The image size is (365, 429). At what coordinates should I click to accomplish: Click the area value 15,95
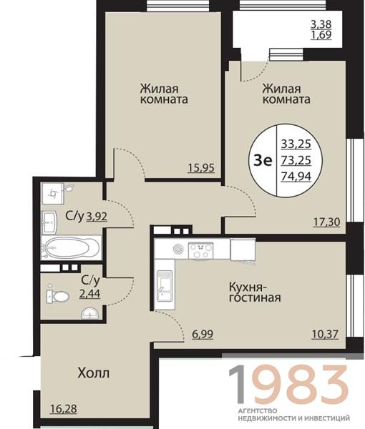201,167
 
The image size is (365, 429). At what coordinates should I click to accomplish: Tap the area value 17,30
326,222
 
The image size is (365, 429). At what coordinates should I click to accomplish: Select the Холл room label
93,373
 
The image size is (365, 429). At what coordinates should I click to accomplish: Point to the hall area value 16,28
64,409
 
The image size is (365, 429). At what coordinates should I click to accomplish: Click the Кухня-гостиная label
255,292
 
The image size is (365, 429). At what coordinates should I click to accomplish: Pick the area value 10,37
325,334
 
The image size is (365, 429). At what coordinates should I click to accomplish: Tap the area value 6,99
203,334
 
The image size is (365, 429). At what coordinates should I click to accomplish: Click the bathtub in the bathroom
71,247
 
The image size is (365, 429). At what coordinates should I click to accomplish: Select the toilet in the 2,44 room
57,296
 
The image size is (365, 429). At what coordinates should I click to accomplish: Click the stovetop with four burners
200,251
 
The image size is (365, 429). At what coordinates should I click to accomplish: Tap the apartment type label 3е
263,161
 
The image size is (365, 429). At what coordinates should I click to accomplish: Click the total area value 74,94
296,177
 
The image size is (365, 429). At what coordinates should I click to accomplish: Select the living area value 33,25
296,144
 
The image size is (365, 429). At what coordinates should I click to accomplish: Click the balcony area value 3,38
321,24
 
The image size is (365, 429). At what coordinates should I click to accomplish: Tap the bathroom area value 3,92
97,217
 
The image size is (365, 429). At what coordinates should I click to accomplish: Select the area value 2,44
89,294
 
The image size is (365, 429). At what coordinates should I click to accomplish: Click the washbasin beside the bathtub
49,222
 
